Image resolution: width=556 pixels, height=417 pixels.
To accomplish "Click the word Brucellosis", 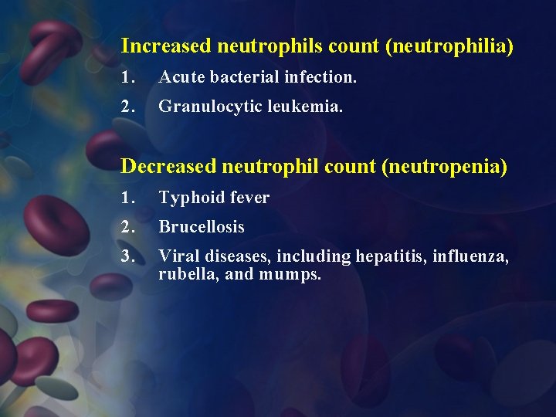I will coord(202,227).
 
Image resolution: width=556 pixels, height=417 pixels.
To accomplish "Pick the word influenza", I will coord(471,256).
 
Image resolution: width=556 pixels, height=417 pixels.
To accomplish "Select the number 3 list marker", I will coord(128,256).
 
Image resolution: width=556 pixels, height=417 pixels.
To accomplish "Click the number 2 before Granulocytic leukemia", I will coord(128,107).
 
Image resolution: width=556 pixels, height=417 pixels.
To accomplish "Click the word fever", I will coord(249,198).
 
